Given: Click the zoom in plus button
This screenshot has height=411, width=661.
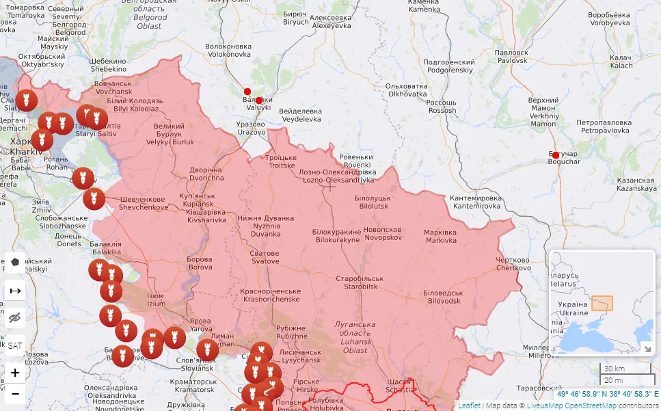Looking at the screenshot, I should click(x=15, y=373).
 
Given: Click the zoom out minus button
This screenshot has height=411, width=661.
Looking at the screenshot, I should click(x=15, y=394).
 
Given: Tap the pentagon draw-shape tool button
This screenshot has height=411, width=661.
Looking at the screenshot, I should click(x=15, y=262).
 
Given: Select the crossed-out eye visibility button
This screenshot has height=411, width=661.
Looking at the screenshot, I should click(x=15, y=318).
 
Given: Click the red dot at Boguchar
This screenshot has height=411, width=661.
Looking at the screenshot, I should click(x=556, y=155).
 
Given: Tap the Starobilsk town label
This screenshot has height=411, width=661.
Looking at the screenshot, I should click(x=360, y=282).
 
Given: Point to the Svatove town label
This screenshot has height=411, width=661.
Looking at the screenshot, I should click(x=265, y=257).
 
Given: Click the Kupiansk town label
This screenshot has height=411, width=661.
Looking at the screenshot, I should click(x=197, y=200).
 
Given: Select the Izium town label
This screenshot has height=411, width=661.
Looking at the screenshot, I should click(x=156, y=300).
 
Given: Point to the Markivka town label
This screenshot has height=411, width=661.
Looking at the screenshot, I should click(x=440, y=236).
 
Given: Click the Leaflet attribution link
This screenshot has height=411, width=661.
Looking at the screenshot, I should click(x=469, y=406).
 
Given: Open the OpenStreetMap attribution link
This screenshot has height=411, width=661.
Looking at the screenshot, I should click(x=586, y=406).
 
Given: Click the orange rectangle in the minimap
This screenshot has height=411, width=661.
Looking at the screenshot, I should click(x=602, y=303).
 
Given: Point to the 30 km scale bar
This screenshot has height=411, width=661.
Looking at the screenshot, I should click(x=618, y=369).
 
